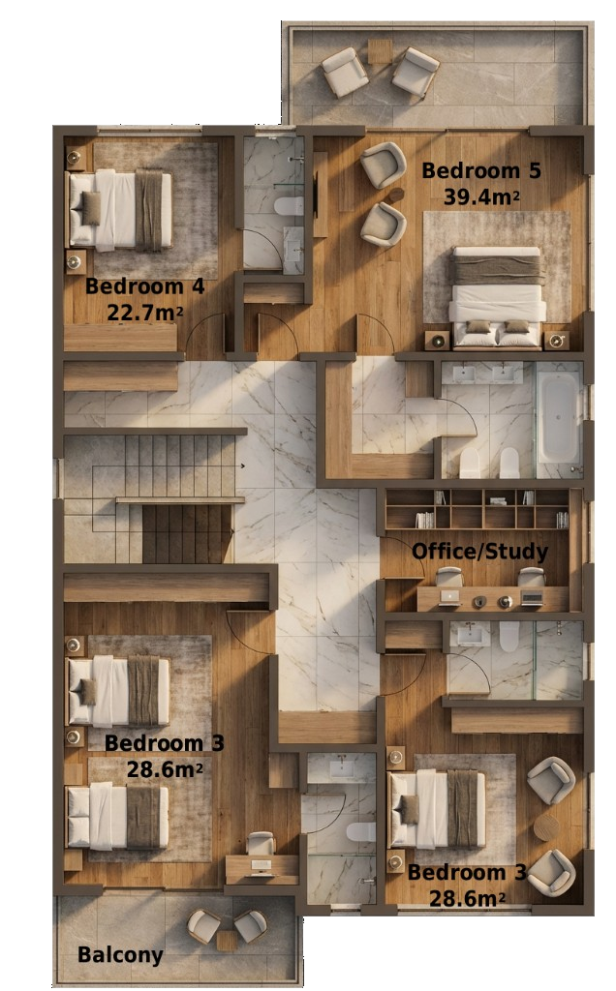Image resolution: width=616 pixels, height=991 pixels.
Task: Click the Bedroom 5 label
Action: point(480,171)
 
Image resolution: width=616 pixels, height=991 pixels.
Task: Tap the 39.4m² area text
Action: point(481,196)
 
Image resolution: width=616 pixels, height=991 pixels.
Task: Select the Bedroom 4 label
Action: point(144,286)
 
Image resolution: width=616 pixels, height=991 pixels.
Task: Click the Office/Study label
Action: point(479,553)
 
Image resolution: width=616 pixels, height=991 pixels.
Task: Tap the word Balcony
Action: point(120,955)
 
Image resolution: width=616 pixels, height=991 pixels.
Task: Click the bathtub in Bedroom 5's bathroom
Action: point(559,417)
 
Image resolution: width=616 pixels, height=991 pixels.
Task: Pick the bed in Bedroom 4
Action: point(119,209)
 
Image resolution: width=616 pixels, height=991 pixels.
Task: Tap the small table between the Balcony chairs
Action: point(228,939)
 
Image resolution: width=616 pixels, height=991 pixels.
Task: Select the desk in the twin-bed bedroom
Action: point(262,869)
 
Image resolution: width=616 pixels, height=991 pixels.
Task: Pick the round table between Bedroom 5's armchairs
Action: point(394,196)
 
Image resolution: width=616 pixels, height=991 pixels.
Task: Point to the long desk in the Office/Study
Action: point(492,599)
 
